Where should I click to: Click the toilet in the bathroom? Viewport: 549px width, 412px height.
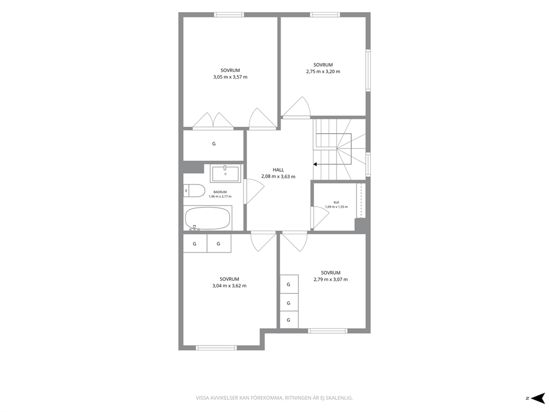194,191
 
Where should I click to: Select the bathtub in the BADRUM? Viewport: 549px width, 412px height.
208,218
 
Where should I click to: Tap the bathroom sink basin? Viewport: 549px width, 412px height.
225,174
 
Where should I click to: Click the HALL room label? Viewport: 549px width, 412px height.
278,170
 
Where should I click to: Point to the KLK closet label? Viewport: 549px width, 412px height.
336,202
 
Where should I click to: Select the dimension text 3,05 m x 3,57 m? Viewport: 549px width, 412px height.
230,77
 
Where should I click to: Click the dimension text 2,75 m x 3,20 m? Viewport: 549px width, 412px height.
323,71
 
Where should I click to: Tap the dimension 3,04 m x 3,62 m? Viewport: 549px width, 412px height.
229,286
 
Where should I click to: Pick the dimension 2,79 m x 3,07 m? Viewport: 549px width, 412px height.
330,280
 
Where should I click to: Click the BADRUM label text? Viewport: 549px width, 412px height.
220,192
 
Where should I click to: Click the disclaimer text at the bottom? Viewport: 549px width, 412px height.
274,398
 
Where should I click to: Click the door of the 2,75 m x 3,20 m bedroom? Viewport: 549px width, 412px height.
296,107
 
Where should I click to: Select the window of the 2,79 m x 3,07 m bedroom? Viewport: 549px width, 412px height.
328,331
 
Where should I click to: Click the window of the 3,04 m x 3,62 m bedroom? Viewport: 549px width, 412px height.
216,348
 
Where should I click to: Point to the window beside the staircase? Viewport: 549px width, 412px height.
368,164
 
